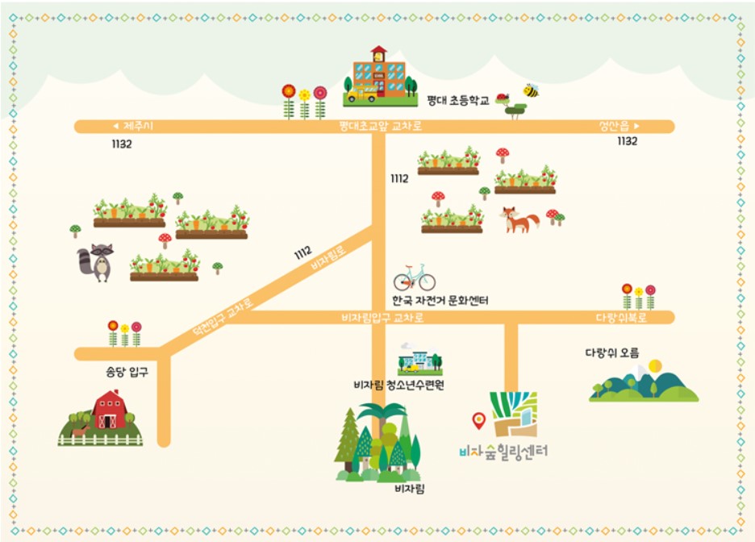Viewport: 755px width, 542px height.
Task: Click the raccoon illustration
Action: pos(96,262)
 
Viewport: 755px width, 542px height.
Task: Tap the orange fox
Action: pos(519,219)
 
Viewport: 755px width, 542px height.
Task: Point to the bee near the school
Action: pos(531,90)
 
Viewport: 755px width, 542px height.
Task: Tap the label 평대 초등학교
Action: pos(458,101)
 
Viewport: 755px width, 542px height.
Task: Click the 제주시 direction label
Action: pos(139,126)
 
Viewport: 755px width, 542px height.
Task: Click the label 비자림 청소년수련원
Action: pos(398,385)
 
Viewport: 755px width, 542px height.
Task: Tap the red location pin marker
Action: pos(479,419)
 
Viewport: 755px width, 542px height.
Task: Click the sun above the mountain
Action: pos(654,365)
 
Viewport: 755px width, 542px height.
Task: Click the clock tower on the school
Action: pos(379,53)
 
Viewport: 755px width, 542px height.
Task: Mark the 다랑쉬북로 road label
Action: pos(621,318)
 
